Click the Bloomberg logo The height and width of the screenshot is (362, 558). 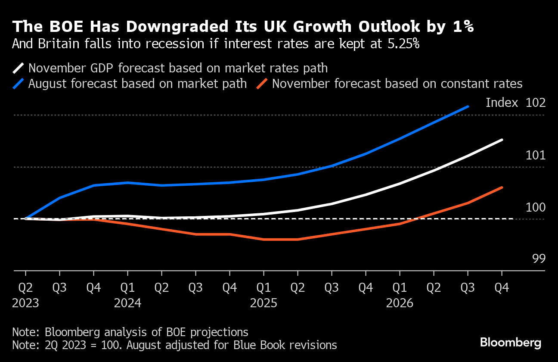[510, 343]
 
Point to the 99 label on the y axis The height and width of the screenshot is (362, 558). [539, 259]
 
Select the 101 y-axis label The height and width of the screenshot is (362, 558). [536, 155]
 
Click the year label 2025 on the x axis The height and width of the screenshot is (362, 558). [263, 303]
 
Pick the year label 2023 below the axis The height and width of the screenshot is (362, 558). [25, 303]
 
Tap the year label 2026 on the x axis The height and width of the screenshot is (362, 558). [400, 303]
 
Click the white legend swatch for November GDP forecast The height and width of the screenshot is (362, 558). [19, 68]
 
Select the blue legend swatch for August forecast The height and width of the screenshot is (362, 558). [19, 83]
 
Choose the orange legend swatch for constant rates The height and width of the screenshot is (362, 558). [263, 83]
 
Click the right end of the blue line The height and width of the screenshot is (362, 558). [468, 106]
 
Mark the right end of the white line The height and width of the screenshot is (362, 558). [502, 140]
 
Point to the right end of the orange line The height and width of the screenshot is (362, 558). [502, 187]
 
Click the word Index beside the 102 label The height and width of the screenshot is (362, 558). [502, 103]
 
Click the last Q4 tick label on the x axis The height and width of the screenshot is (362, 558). [502, 287]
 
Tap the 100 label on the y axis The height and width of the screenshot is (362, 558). [536, 207]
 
